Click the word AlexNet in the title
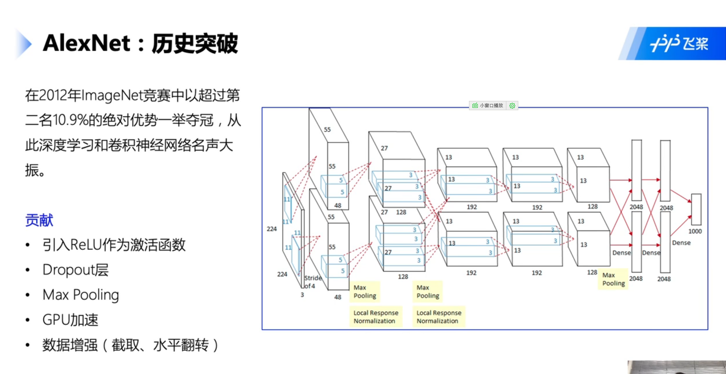(x=87, y=43)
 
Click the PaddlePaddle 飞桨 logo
(x=679, y=44)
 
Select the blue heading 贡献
(x=39, y=220)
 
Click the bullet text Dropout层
(x=76, y=270)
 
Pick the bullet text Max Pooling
(x=81, y=295)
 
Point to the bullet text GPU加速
(x=70, y=320)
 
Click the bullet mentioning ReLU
(x=114, y=245)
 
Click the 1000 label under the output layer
(x=695, y=231)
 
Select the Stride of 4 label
(x=312, y=282)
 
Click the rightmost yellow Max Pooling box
(x=613, y=279)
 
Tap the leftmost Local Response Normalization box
(x=376, y=317)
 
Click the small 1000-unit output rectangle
(x=696, y=210)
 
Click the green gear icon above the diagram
(x=512, y=106)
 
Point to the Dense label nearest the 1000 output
(x=681, y=243)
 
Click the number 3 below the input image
(x=302, y=295)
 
